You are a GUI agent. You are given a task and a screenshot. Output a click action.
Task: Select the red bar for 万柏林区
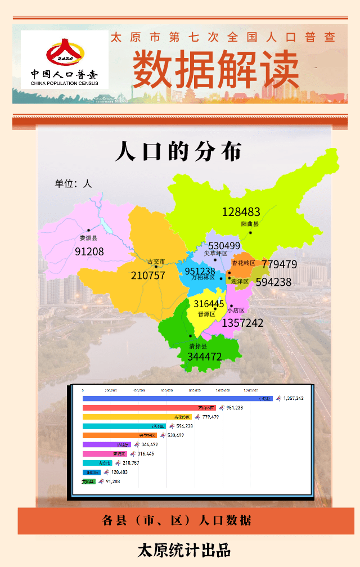(149, 408)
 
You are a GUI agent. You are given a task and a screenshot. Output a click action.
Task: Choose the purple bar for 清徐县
(106, 444)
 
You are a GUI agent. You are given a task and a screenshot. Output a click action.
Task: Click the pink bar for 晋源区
(105, 453)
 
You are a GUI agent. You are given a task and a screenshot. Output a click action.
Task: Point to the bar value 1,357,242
(294, 398)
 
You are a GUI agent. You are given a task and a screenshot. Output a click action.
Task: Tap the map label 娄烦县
(88, 238)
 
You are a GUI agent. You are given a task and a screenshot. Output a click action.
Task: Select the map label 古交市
(156, 262)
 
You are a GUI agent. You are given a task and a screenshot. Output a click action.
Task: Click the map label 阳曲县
(250, 224)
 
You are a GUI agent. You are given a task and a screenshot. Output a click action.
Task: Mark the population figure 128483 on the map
(241, 211)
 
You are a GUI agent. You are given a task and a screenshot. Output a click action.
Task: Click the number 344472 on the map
(205, 357)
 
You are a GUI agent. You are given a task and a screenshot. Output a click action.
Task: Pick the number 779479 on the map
(279, 264)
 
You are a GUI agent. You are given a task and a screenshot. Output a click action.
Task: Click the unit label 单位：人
(73, 183)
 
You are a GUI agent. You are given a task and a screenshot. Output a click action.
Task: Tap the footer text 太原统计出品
(184, 550)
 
